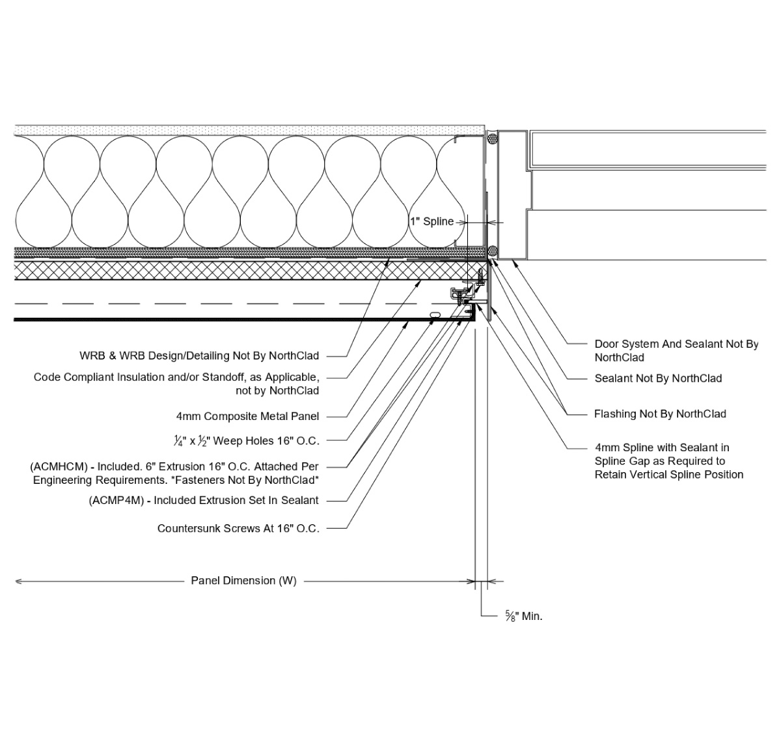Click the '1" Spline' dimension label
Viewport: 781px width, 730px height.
coord(432,221)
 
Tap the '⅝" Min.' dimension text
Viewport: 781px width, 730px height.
coord(523,616)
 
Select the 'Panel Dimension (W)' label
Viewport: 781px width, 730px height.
coord(243,581)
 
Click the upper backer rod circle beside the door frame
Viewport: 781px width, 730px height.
coord(492,138)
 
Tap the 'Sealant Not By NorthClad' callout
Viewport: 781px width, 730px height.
coord(658,378)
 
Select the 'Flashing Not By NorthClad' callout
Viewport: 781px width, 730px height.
coord(660,414)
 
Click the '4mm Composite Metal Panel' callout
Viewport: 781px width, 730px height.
coord(247,416)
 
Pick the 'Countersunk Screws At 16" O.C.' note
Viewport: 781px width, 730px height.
coord(238,529)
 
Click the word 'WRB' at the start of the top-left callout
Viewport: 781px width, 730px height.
coord(92,356)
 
